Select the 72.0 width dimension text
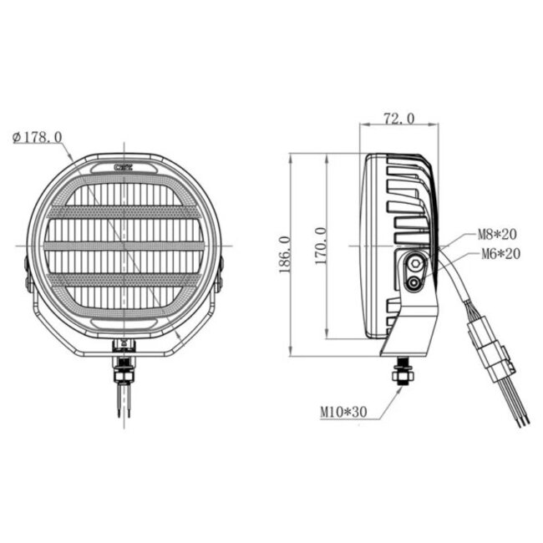click(x=398, y=119)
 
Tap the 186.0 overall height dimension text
click(x=284, y=254)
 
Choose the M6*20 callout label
click(x=500, y=254)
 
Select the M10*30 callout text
click(x=344, y=412)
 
